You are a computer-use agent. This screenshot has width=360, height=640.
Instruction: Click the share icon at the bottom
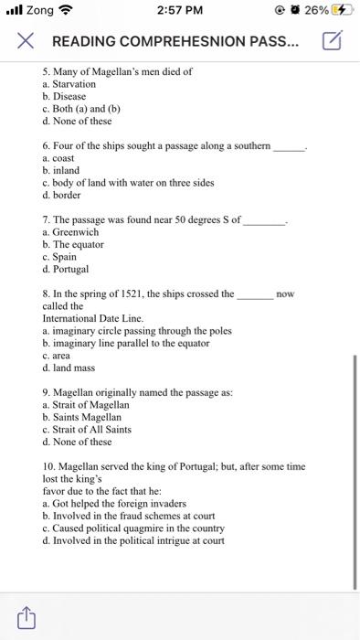coord(26,617)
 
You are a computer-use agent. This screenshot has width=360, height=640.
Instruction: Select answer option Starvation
coord(74,84)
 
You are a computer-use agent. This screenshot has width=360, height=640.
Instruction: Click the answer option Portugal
coord(71,270)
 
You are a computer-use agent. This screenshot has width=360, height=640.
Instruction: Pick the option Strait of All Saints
coord(92,429)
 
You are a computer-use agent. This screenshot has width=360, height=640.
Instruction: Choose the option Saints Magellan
coord(85,417)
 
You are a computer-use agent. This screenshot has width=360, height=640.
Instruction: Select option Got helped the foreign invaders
coord(107,503)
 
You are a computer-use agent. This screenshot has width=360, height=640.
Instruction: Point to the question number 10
coord(49,466)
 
